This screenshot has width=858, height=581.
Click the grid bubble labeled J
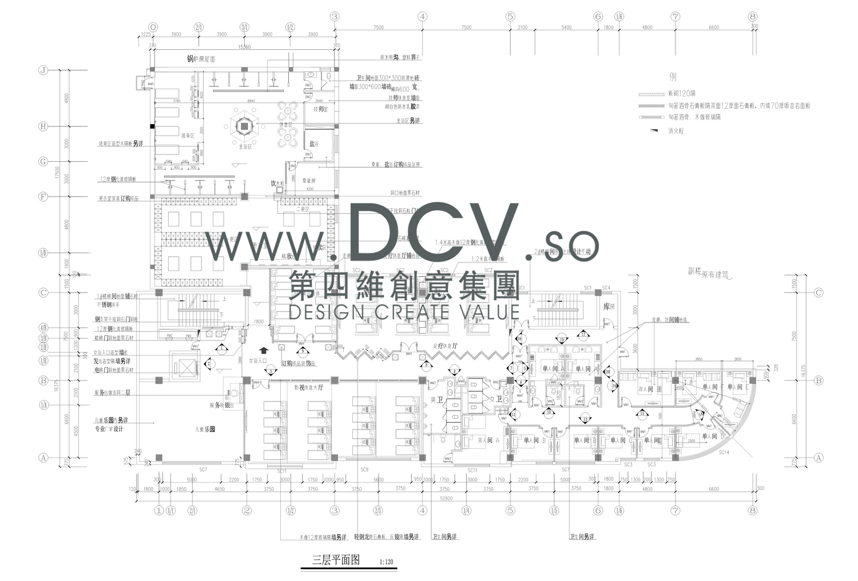42,70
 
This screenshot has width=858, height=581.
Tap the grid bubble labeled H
42,126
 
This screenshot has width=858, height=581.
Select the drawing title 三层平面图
336,560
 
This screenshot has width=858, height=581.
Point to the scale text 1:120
387,562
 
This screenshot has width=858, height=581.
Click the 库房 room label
609,307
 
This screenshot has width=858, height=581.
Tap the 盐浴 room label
313,144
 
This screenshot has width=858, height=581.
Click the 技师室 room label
320,109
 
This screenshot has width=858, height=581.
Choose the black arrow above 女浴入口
263,350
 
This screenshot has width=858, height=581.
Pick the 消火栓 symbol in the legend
654,131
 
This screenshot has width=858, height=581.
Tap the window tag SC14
724,452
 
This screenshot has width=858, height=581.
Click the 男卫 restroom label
439,400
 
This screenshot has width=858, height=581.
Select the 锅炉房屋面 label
201,59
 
